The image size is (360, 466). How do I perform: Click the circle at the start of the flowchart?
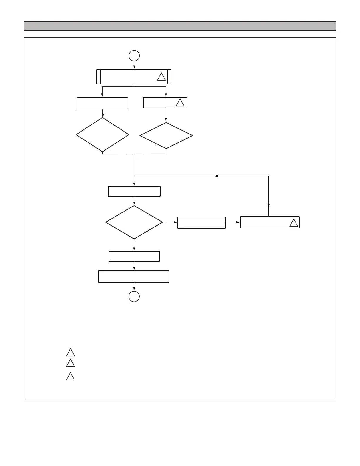[x=134, y=56]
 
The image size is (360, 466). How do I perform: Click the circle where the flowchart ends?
[x=134, y=296]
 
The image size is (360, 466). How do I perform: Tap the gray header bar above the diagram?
[x=180, y=26]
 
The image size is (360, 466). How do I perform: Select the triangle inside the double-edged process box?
[x=161, y=77]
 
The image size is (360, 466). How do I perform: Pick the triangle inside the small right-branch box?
[x=180, y=103]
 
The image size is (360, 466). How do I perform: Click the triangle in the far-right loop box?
[x=294, y=223]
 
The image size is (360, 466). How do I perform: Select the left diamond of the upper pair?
[x=102, y=135]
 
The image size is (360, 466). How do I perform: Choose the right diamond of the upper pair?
[x=166, y=136]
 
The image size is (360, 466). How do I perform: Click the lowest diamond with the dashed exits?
[x=134, y=222]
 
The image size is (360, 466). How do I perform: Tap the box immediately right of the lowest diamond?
[x=201, y=222]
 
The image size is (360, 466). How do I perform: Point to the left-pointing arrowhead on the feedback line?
[x=216, y=176]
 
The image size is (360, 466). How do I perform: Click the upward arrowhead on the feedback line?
[x=269, y=203]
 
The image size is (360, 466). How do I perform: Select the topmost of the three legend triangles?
[x=70, y=352]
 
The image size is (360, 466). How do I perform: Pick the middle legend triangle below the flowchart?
[x=70, y=363]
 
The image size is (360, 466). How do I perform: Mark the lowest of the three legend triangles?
[x=70, y=377]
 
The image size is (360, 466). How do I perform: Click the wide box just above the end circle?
[x=134, y=277]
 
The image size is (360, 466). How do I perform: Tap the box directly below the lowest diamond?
[x=134, y=256]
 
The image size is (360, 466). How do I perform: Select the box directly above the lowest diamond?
[x=134, y=191]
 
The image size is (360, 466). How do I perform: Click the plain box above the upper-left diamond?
[x=102, y=103]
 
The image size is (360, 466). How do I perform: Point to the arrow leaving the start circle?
[x=134, y=65]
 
